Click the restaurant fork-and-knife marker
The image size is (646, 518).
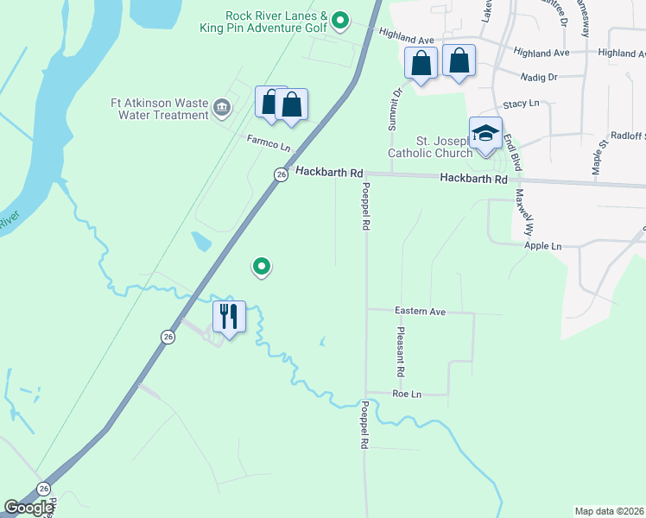(229, 316)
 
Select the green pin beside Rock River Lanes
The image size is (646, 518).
(340, 19)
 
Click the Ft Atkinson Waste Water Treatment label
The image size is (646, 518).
(160, 109)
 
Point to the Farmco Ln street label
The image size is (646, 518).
(268, 144)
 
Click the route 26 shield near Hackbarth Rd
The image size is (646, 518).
(281, 174)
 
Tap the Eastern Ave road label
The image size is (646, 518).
(420, 311)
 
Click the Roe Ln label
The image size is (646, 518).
(406, 395)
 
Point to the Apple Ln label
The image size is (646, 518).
(542, 246)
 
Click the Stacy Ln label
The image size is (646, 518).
(521, 104)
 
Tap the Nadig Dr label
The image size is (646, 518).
(540, 77)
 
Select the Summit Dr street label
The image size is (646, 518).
(396, 110)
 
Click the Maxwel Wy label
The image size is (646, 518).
(521, 208)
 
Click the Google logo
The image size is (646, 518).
(28, 508)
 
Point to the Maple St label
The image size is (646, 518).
(595, 155)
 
